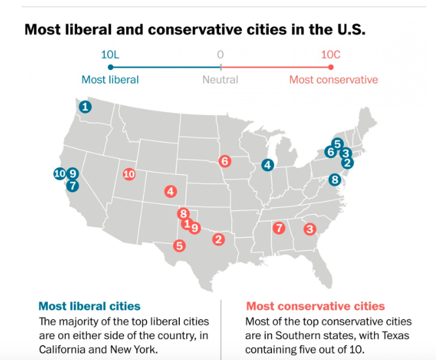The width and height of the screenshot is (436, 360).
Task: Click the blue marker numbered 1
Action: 85,106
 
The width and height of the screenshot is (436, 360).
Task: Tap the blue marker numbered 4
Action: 267,165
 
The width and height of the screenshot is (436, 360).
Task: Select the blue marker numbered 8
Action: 335,179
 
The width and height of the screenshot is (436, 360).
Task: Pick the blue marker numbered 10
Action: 59,173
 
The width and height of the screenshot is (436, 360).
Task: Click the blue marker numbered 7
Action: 73,185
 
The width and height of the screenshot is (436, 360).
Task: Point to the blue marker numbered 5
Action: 337,144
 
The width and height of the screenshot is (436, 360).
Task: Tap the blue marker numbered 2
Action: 347,163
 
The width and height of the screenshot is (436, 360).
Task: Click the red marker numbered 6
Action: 225,161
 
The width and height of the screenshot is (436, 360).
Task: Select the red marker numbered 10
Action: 129,174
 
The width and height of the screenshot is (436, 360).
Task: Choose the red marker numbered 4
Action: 170,191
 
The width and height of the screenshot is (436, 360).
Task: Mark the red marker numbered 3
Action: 310,229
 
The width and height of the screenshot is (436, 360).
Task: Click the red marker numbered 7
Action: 279,228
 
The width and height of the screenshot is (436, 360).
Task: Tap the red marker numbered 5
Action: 178,246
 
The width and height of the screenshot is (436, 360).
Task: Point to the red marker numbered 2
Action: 218,240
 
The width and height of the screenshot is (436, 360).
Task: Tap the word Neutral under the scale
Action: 220,80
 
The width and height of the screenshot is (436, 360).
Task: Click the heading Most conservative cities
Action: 315,306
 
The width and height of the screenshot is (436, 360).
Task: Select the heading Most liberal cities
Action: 90,306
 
